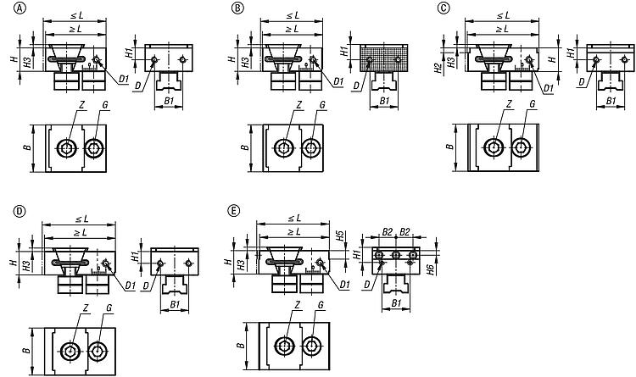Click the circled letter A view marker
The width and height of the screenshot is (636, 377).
point(19,8)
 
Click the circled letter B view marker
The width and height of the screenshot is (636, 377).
point(237,8)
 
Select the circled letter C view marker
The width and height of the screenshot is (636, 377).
point(445,8)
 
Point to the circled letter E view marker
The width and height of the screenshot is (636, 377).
point(234,211)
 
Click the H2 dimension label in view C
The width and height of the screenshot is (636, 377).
point(438,68)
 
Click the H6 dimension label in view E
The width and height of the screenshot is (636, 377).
point(430,269)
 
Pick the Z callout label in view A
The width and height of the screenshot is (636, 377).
point(81,105)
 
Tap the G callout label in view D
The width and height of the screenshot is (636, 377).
point(109,308)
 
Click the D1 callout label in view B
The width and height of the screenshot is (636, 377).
point(339,81)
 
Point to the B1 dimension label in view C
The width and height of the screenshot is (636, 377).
point(611,101)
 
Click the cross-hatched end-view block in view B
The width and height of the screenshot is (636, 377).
point(383,58)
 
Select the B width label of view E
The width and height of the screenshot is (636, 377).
point(241,346)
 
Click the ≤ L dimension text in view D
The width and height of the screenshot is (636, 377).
point(82,219)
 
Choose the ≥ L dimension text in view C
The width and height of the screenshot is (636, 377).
point(503,29)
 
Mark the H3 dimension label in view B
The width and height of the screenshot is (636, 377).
point(246,62)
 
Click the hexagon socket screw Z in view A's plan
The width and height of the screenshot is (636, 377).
point(66,149)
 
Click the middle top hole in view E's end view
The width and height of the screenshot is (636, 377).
point(396,255)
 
